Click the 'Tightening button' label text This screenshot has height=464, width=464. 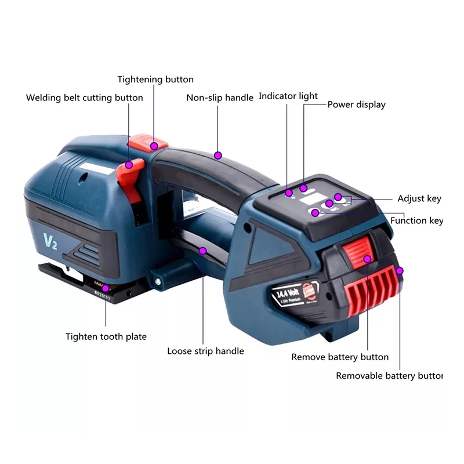click(155, 79)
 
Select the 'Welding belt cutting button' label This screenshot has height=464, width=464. click(85, 97)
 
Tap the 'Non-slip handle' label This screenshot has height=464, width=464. click(220, 97)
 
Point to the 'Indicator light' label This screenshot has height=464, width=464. click(288, 96)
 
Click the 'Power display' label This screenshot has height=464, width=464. click(356, 104)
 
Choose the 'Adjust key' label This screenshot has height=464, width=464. click(419, 199)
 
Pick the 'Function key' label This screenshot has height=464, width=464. click(416, 220)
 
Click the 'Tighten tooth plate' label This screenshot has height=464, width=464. click(106, 336)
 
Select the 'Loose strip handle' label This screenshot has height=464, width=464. click(205, 351)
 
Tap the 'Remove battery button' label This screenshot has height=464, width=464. click(340, 357)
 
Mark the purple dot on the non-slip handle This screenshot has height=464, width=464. click(217, 155)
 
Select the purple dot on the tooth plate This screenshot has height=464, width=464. click(105, 288)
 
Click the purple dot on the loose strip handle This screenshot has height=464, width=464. click(203, 251)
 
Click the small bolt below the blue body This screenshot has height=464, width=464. click(157, 282)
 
